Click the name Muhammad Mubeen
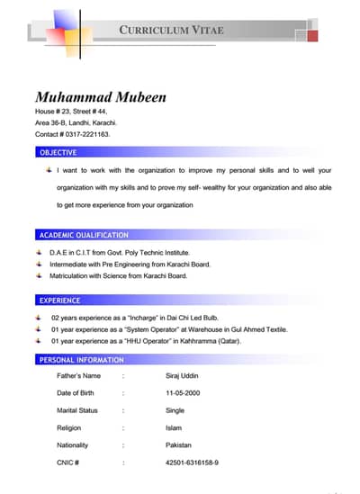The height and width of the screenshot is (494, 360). click(x=100, y=97)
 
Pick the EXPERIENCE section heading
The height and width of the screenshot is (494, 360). click(x=59, y=301)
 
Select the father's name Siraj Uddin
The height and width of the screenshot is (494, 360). click(x=184, y=375)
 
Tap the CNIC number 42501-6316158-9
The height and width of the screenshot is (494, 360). click(x=192, y=463)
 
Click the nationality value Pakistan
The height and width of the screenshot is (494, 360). click(x=179, y=445)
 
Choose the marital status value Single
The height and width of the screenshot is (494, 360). click(x=175, y=410)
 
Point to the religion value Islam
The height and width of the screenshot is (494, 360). click(x=174, y=427)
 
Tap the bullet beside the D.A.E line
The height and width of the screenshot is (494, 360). click(x=40, y=253)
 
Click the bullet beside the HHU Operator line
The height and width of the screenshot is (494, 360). click(x=40, y=342)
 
